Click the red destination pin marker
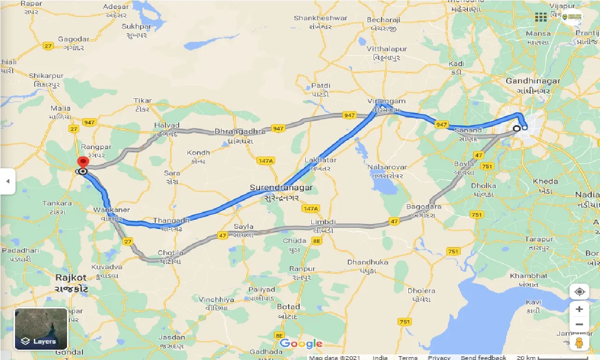pyautogui.click(x=83, y=163)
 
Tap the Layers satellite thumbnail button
pyautogui.click(x=41, y=329)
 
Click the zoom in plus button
pyautogui.click(x=579, y=309)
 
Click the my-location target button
pyautogui.click(x=579, y=292)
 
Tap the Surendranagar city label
pyautogui.click(x=281, y=187)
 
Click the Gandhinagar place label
pyautogui.click(x=532, y=81)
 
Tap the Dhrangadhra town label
pyautogui.click(x=240, y=131)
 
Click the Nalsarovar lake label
pyautogui.click(x=388, y=167)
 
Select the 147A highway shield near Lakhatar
pyautogui.click(x=265, y=161)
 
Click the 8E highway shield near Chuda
pyautogui.click(x=317, y=241)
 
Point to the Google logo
pyautogui.click(x=301, y=344)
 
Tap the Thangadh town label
pyautogui.click(x=171, y=220)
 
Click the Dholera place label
pyautogui.click(x=421, y=291)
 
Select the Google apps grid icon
pyautogui.click(x=541, y=17)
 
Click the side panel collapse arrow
pyautogui.click(x=7, y=181)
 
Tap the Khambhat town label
pyautogui.click(x=529, y=276)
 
